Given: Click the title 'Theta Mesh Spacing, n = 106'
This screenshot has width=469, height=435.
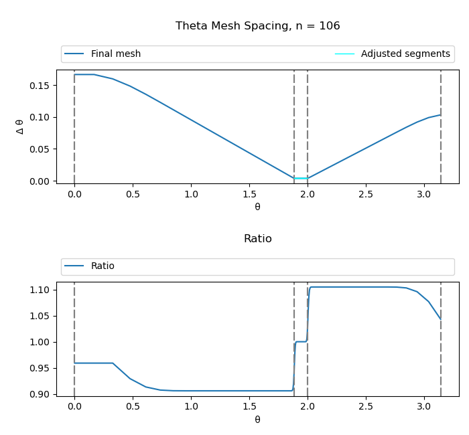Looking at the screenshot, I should pos(257,26).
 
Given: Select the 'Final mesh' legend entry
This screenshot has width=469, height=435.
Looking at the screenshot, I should pos(115,54).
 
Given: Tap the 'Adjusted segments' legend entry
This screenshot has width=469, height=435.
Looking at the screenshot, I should pos(405,54).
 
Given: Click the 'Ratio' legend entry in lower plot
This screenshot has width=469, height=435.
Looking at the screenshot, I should pos(103,266).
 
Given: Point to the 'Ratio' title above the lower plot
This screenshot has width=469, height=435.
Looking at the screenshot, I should pos(257,239).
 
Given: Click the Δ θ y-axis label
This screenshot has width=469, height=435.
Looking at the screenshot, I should pos(19,126).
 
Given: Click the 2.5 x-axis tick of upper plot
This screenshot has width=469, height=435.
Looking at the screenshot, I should pos(365,194).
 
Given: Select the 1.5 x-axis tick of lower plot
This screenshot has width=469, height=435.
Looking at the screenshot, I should pos(249,407).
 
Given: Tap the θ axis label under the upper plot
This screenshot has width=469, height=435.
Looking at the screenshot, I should pos(257,207).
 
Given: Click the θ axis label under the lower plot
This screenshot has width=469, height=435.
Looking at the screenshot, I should pos(257,420).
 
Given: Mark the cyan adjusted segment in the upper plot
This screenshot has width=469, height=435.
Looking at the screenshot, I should pos(301,178).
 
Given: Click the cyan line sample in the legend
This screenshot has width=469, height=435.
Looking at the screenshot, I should pos(344,54).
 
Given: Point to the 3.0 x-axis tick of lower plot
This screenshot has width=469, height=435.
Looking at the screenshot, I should pos(423,407).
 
